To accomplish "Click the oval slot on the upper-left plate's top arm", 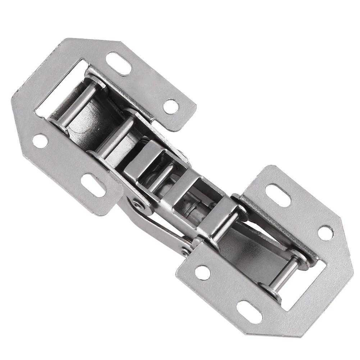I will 119,63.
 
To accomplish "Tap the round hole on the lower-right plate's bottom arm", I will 203,273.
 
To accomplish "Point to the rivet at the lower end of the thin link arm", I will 186,249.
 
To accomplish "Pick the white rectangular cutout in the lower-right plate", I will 306,284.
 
